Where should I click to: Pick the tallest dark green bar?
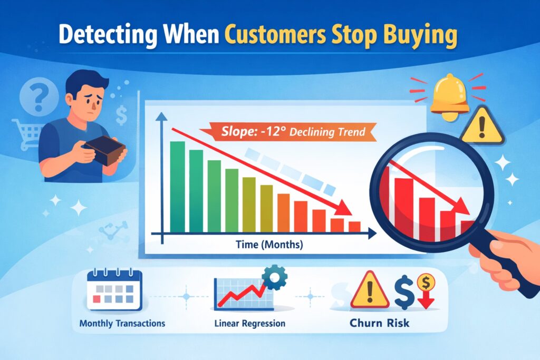(177, 187)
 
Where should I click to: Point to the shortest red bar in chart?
(354, 227)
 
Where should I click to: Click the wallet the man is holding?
(106, 150)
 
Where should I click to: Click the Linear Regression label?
(250, 323)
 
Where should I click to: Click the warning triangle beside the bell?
(482, 125)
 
